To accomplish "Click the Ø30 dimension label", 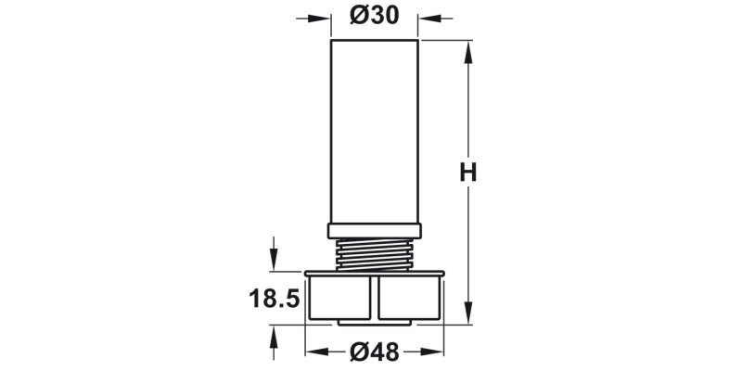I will pyautogui.click(x=375, y=17).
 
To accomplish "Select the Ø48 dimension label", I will pyautogui.click(x=375, y=352).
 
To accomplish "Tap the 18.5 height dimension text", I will pyautogui.click(x=274, y=299).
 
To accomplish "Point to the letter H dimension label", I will pyautogui.click(x=468, y=173).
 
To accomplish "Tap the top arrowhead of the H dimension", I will pyautogui.click(x=468, y=48).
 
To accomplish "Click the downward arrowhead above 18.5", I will pyautogui.click(x=274, y=262).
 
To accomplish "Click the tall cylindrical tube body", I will pyautogui.click(x=375, y=130).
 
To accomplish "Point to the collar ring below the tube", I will pyautogui.click(x=375, y=230).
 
